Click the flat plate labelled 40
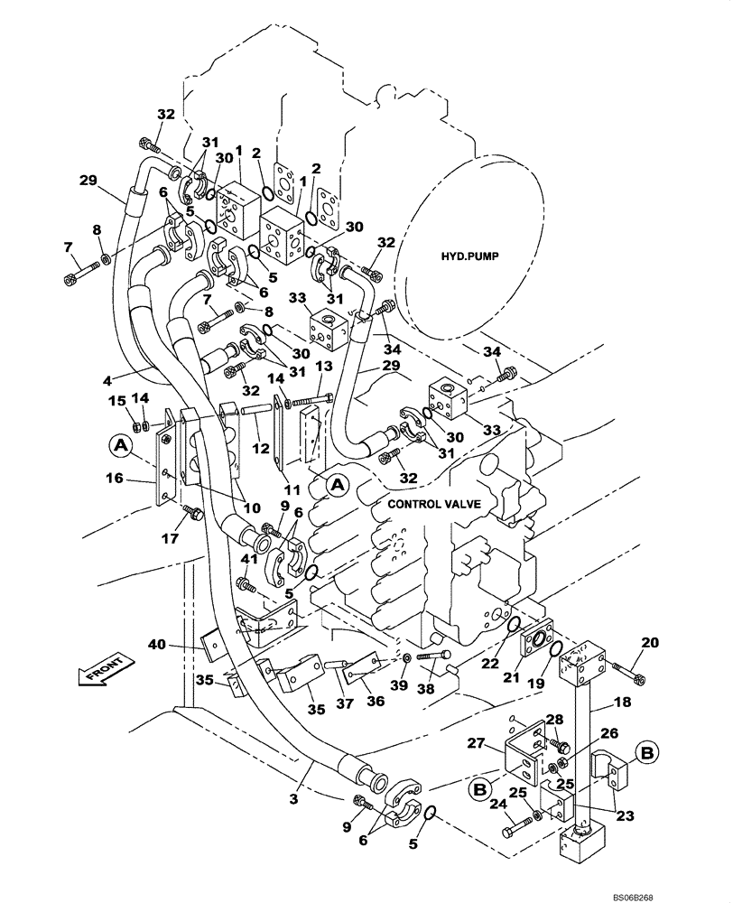tap(210, 643)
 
